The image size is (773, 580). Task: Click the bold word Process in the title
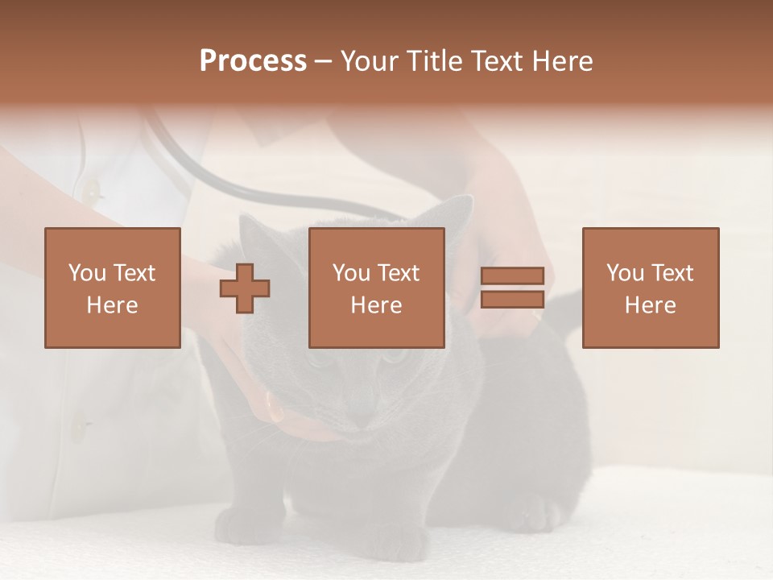(x=253, y=61)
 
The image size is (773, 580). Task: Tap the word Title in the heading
(x=434, y=61)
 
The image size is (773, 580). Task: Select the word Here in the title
(x=561, y=61)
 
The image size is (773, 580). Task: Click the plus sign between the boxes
(x=245, y=288)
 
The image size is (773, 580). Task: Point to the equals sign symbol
(x=512, y=288)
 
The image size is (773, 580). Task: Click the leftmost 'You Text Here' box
(x=113, y=288)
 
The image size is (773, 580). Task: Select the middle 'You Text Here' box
(x=377, y=288)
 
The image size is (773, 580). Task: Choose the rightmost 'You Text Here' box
(x=651, y=288)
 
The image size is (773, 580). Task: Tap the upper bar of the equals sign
(x=512, y=275)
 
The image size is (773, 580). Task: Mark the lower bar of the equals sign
(x=512, y=300)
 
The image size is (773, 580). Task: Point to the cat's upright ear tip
(x=462, y=201)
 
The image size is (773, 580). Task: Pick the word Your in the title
(x=369, y=61)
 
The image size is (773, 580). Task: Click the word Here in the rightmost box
(x=651, y=304)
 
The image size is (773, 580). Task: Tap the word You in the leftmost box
(x=87, y=273)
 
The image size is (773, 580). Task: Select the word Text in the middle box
(x=398, y=273)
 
